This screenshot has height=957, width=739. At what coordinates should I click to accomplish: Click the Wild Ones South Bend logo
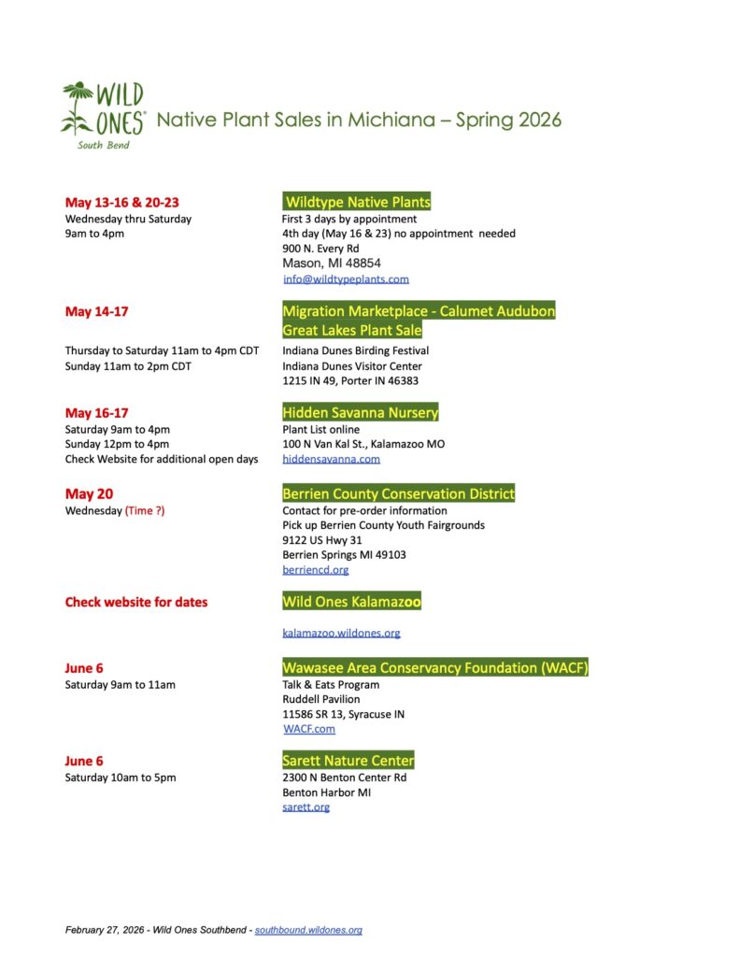pos(103,115)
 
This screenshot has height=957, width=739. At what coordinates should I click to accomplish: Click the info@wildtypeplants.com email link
pos(346,279)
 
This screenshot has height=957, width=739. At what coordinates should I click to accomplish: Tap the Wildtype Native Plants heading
pos(358,202)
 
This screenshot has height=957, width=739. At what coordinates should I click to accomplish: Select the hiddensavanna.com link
pos(331,459)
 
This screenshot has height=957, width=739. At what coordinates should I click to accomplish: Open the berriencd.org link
pos(315,569)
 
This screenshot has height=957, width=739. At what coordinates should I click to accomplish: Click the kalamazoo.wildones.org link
pos(341,633)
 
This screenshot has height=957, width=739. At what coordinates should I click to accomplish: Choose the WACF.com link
pos(308,729)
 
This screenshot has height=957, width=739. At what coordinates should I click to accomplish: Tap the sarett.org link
pos(306,807)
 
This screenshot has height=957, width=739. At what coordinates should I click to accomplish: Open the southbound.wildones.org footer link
pos(308,930)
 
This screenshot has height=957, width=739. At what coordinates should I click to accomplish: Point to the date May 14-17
pos(97,312)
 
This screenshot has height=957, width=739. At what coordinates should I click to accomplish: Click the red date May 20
pos(89,494)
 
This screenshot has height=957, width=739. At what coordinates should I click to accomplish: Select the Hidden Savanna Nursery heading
pos(360,412)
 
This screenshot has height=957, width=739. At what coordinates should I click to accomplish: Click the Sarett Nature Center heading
pos(348,761)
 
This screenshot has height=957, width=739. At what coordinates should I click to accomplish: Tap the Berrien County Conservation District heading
pos(398,493)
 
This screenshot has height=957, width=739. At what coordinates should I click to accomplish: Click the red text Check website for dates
pos(136,602)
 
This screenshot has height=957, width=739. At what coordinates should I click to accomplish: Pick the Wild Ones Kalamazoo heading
pos(351,602)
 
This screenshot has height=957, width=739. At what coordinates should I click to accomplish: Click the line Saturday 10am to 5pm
pos(120,778)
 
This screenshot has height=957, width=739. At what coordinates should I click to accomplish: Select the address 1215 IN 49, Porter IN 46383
pos(350,380)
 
